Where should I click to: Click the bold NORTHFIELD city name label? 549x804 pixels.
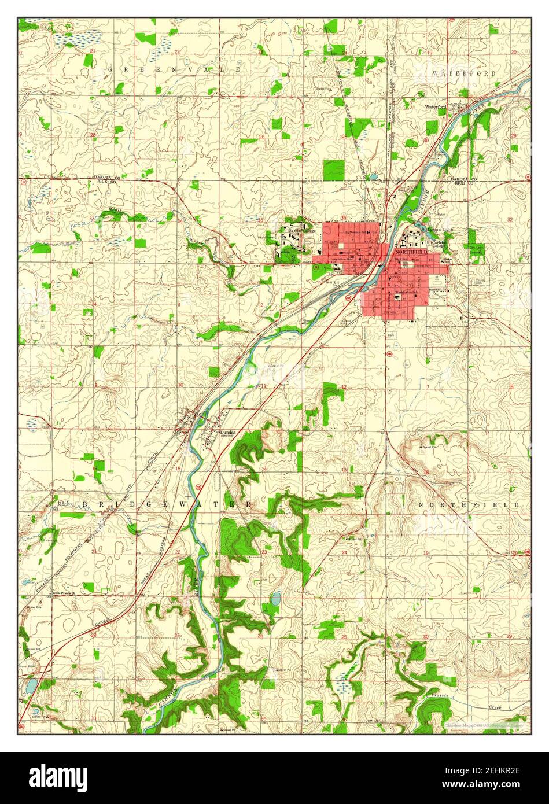tap(411, 253)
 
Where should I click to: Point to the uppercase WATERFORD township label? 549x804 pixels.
tap(463, 74)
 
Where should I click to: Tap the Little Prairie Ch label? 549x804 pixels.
tap(65, 593)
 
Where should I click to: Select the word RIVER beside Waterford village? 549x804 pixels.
tap(475, 108)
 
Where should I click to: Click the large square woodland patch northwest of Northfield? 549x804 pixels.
tap(333, 169)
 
